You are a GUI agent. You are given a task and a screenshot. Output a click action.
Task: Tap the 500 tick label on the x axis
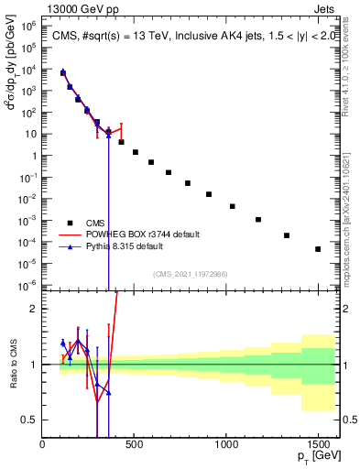tap(135, 445)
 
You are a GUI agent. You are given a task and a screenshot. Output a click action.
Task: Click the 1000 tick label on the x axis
tap(226, 445)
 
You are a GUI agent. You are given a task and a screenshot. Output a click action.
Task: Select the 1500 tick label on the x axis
tap(318, 445)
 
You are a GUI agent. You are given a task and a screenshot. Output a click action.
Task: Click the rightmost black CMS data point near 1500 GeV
tap(318, 249)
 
